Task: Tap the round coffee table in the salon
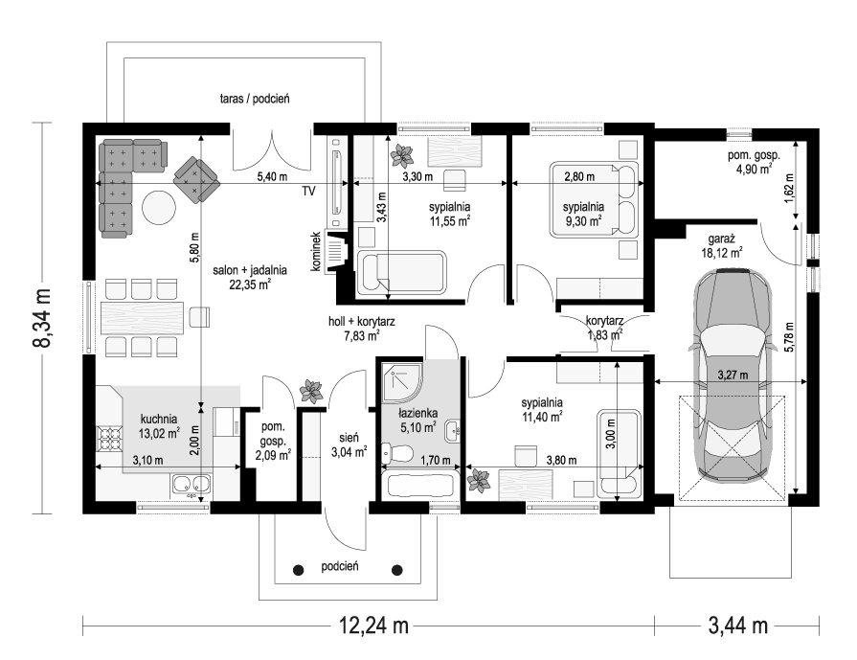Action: click(x=159, y=207)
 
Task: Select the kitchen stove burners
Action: click(x=109, y=438)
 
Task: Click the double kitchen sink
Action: click(x=192, y=485)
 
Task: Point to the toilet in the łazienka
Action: click(x=398, y=453)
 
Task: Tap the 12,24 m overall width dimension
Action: click(x=374, y=625)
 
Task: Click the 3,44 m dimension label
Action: click(x=738, y=625)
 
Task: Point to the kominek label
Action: click(x=315, y=252)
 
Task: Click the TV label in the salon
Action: click(x=308, y=192)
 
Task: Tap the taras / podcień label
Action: click(x=255, y=99)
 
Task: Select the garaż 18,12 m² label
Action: click(x=722, y=245)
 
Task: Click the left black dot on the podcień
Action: click(x=299, y=570)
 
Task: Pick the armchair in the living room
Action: click(x=195, y=180)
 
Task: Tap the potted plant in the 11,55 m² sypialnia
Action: click(x=402, y=155)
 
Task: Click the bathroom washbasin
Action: click(x=452, y=431)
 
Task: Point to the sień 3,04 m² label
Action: click(x=349, y=444)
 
